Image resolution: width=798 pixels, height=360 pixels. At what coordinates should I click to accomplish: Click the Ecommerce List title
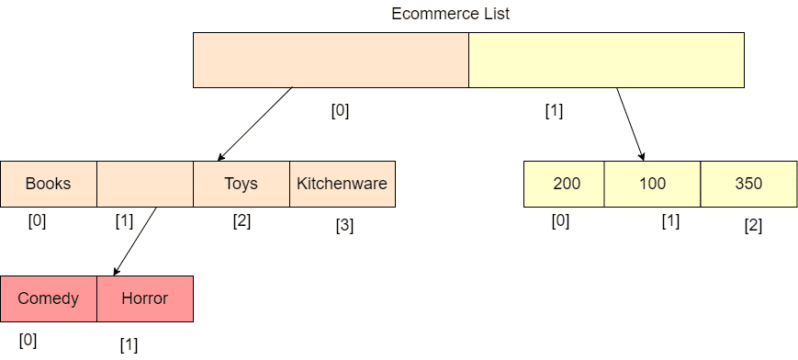pyautogui.click(x=450, y=14)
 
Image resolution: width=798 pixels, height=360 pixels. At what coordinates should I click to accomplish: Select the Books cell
pyautogui.click(x=49, y=184)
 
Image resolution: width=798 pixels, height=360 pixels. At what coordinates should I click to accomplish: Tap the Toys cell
pyautogui.click(x=242, y=184)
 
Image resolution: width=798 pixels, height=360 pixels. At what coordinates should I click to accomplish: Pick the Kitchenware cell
pyautogui.click(x=343, y=184)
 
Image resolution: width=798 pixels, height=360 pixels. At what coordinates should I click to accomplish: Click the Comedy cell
pyautogui.click(x=49, y=298)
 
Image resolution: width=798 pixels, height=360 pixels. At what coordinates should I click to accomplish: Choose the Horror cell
pyautogui.click(x=145, y=298)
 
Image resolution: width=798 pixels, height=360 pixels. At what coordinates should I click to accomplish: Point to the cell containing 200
pyautogui.click(x=564, y=184)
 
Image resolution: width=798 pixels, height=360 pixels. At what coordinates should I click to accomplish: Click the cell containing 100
pyautogui.click(x=652, y=184)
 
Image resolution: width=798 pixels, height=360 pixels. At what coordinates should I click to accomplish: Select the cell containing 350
pyautogui.click(x=749, y=184)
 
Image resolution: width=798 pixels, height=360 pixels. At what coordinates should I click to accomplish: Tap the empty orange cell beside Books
pyautogui.click(x=145, y=184)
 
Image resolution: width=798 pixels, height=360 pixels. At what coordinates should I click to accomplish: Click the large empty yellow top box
pyautogui.click(x=606, y=60)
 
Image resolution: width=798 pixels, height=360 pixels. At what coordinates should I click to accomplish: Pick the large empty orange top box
pyautogui.click(x=331, y=60)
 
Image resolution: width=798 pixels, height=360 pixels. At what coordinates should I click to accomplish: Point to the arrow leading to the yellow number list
pyautogui.click(x=631, y=124)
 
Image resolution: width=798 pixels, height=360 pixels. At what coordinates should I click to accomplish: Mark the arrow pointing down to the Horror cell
pyautogui.click(x=135, y=242)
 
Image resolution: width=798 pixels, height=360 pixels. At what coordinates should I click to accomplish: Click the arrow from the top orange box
pyautogui.click(x=255, y=124)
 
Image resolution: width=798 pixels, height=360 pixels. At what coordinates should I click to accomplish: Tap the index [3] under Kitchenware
pyautogui.click(x=344, y=226)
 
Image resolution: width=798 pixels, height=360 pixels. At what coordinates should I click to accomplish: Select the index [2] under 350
pyautogui.click(x=753, y=226)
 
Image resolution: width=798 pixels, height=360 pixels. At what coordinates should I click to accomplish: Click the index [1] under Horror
pyautogui.click(x=129, y=344)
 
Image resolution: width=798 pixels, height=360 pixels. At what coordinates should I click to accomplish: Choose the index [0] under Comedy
pyautogui.click(x=28, y=340)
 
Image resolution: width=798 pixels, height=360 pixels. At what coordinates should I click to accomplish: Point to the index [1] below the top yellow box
pyautogui.click(x=554, y=111)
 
